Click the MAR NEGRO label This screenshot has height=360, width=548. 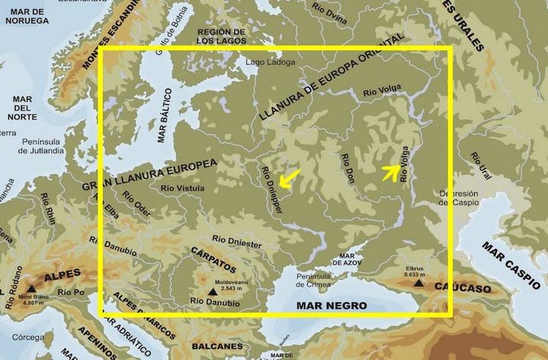(x=333, y=305)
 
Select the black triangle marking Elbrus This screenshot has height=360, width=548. (x=419, y=282)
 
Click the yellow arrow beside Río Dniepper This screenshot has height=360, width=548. (x=288, y=178)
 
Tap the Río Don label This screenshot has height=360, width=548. (x=348, y=167)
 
